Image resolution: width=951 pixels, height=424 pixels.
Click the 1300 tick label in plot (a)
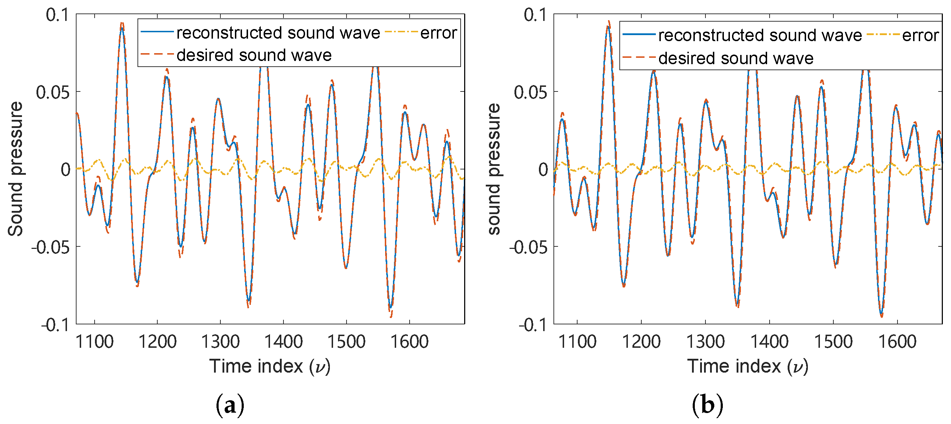click(220, 342)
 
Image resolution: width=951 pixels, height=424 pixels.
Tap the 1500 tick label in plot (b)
click(833, 342)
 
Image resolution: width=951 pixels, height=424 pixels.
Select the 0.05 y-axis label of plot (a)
click(52, 92)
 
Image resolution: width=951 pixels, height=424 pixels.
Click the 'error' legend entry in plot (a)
click(438, 33)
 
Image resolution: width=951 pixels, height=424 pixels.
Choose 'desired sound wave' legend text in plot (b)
click(736, 58)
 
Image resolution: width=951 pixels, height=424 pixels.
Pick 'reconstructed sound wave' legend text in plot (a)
click(278, 33)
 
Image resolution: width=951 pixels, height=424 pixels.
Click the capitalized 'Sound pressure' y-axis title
click(16, 169)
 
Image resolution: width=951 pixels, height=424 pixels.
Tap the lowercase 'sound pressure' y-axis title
click(494, 169)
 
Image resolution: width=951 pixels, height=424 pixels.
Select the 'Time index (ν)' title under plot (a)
click(270, 366)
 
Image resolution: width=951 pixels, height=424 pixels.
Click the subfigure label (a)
click(230, 405)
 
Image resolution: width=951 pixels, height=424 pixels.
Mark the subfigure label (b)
click(707, 405)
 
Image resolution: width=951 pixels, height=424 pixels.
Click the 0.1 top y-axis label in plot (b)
click(535, 15)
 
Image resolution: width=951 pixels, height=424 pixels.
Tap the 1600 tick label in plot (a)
click(409, 342)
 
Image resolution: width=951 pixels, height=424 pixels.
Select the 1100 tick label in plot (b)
click(577, 342)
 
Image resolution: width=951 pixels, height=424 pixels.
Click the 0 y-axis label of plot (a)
click(66, 169)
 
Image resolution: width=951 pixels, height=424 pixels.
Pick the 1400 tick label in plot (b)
click(769, 342)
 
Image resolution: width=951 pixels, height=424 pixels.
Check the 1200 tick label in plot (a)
click(157, 342)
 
